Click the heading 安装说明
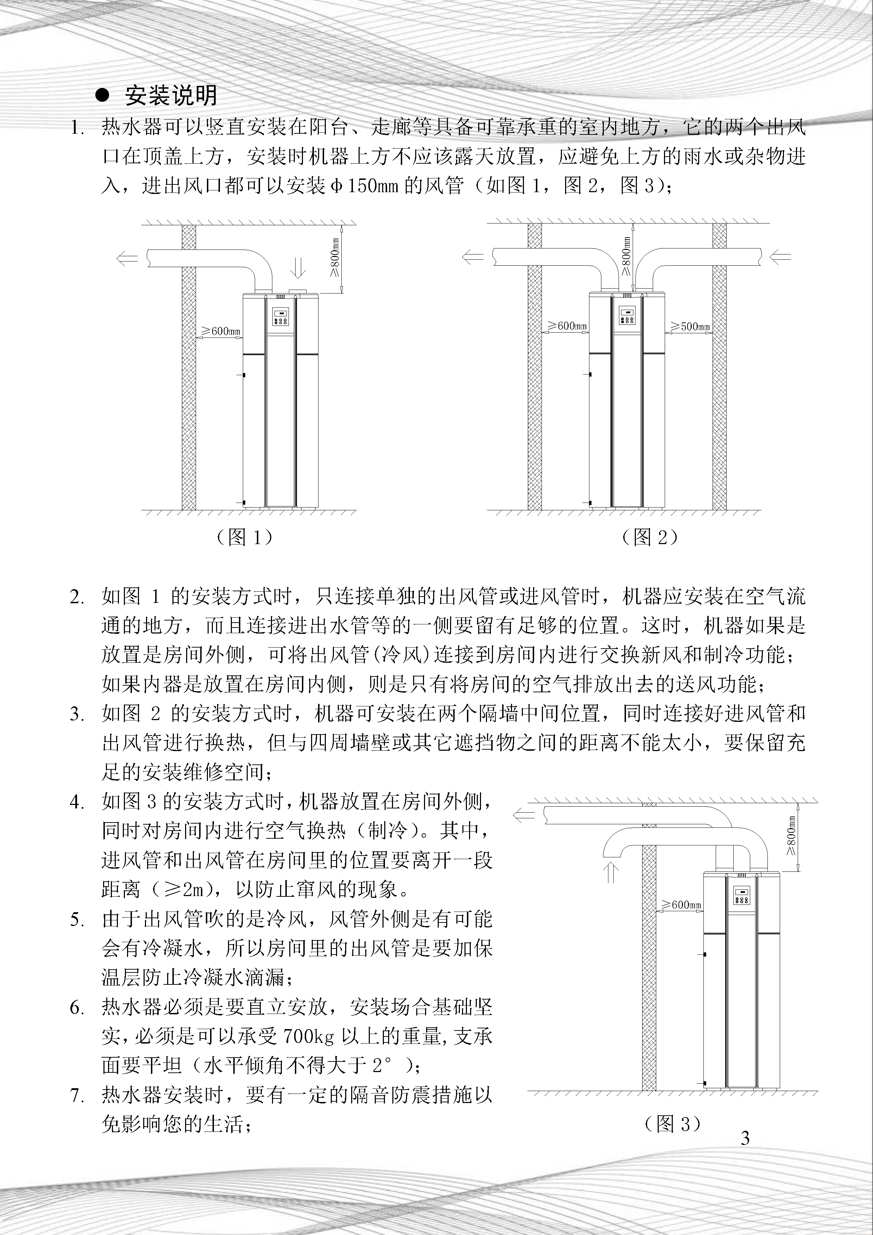click(171, 96)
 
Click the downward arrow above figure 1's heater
click(298, 267)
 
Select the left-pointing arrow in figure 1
click(127, 259)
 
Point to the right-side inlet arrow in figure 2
click(780, 258)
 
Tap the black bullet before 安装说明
click(102, 95)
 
